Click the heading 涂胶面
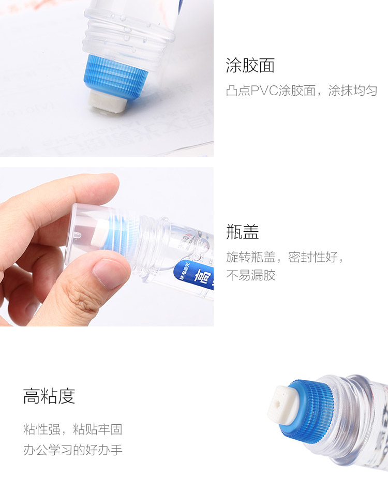(250, 65)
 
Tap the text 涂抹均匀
(352, 91)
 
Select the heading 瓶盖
(242, 231)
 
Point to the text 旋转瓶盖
(251, 257)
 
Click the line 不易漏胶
(251, 275)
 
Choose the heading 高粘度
(49, 396)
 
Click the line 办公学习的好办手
(73, 450)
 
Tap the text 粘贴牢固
(97, 429)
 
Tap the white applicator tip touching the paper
(108, 102)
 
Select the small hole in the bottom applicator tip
(278, 404)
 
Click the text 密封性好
(313, 257)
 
